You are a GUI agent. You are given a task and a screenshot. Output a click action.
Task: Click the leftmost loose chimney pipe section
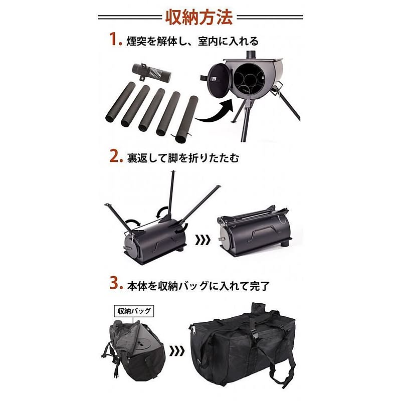120,103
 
